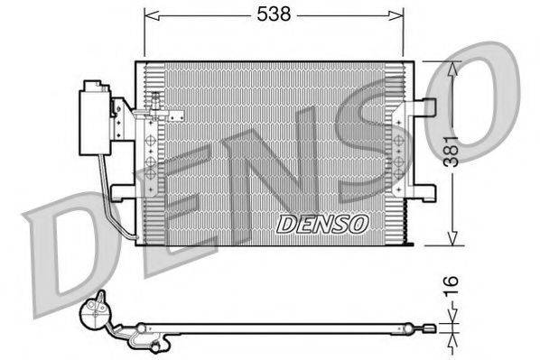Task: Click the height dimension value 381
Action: [x=462, y=153]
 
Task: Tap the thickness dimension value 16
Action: [x=462, y=287]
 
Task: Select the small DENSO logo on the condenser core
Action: [x=322, y=223]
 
